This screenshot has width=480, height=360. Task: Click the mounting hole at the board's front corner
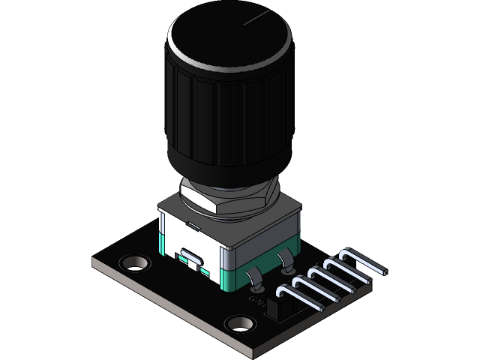click(241, 324)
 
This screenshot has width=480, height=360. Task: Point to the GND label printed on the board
click(257, 302)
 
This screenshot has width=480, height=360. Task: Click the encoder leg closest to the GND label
click(254, 282)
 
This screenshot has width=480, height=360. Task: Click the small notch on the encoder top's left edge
click(193, 223)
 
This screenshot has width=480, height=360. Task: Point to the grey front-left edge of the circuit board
click(165, 300)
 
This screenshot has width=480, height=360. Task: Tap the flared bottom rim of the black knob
click(225, 169)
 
